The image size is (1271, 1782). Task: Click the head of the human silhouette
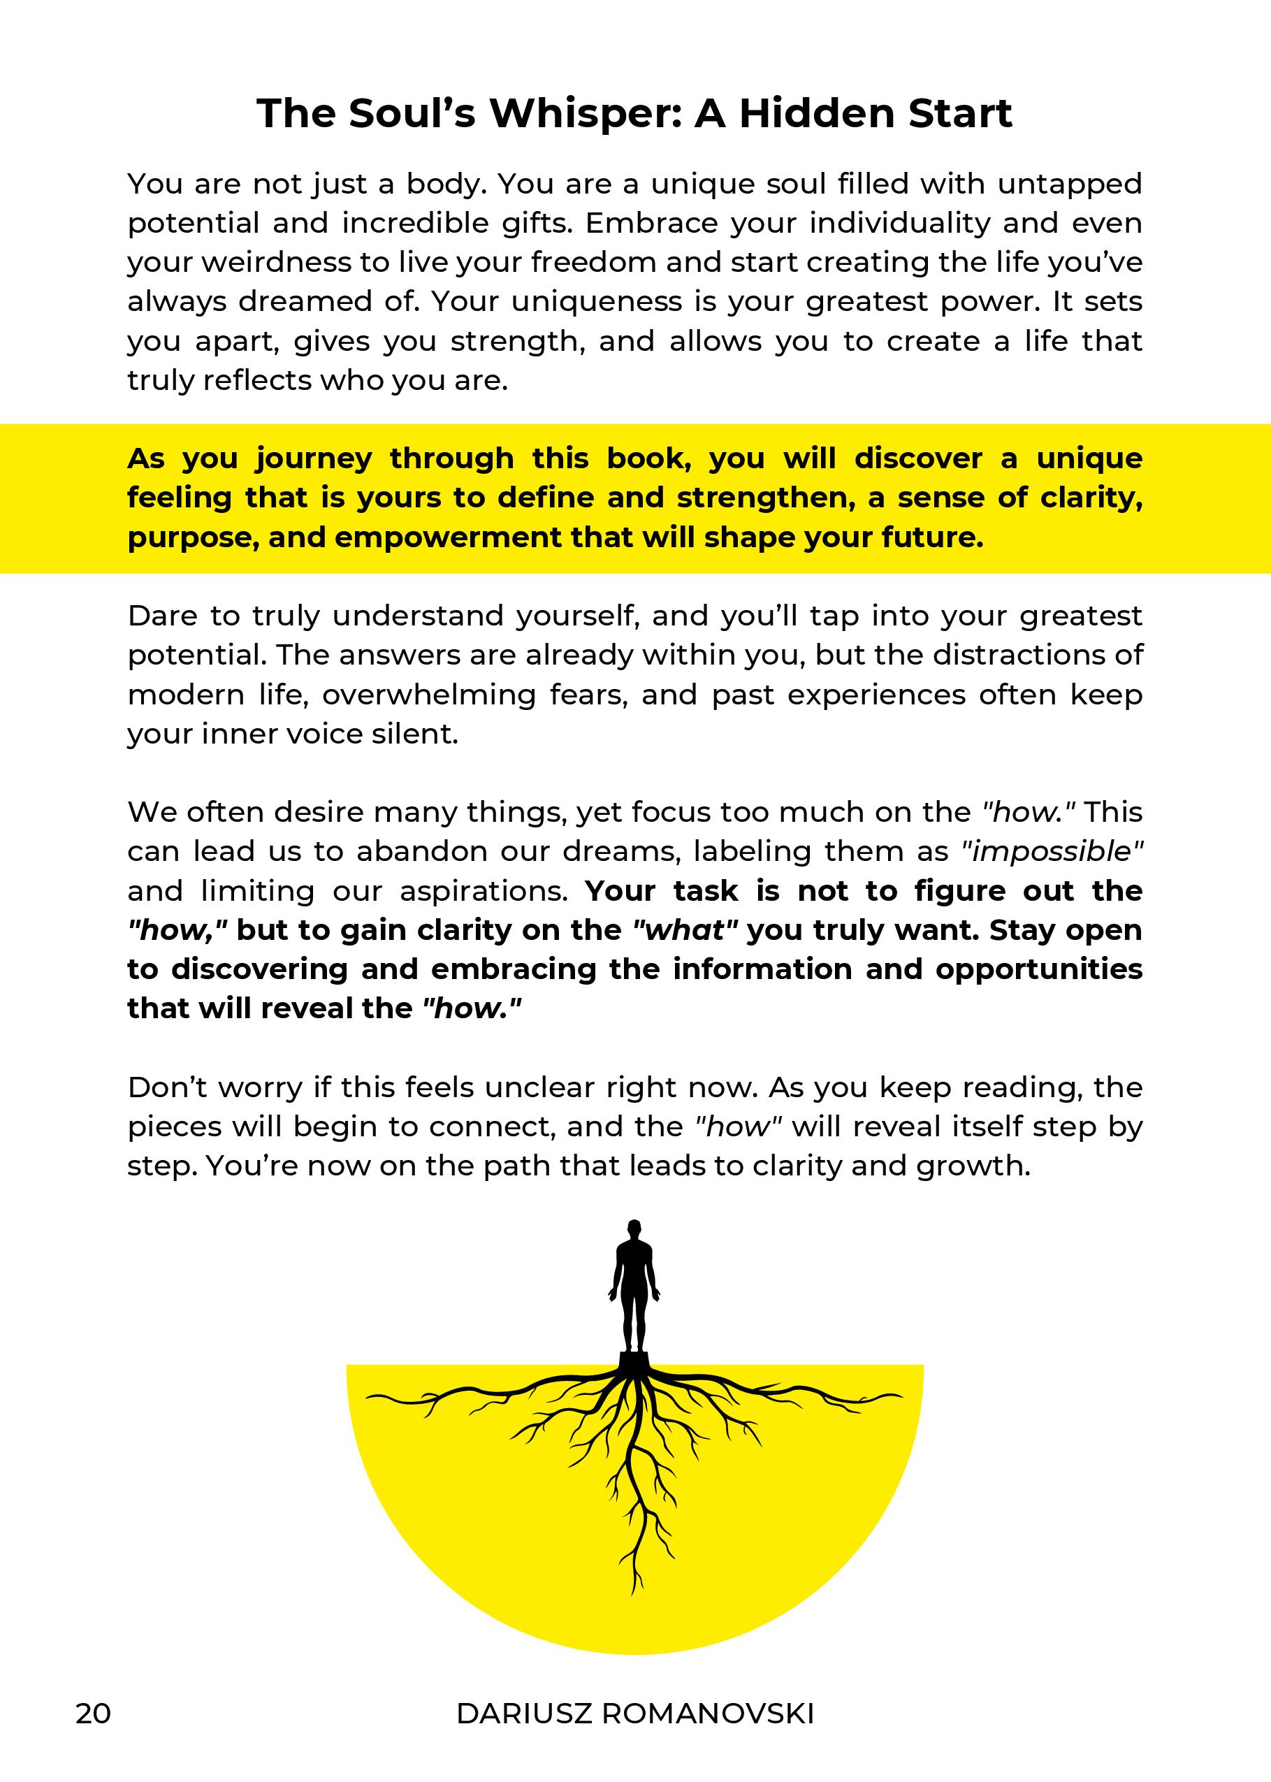(634, 1229)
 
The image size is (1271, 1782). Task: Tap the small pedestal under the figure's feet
(634, 1359)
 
